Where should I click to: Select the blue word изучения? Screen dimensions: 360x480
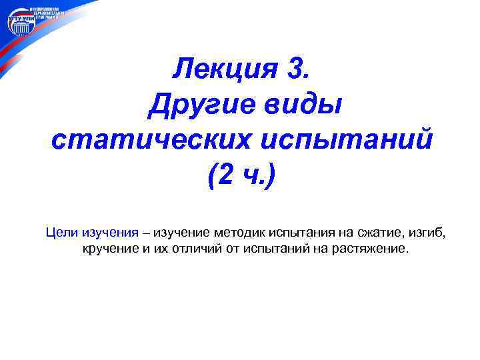point(110,232)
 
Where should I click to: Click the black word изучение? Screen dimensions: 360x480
point(183,232)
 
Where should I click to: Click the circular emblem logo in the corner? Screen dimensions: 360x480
point(21,24)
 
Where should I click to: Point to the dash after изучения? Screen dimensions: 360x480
point(146,233)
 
